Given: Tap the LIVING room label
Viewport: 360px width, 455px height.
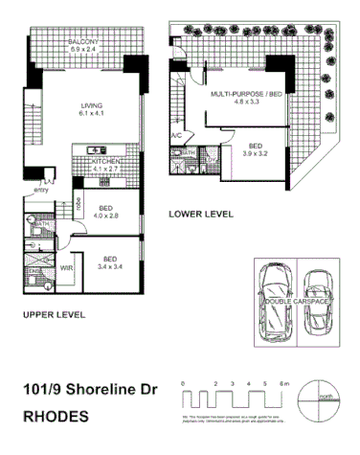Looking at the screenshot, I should (x=93, y=109).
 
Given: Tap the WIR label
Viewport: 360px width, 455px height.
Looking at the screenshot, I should (x=67, y=268).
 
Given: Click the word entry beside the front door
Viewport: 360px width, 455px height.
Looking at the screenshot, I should (x=40, y=190).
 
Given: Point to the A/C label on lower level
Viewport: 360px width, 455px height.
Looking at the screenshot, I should (x=176, y=136).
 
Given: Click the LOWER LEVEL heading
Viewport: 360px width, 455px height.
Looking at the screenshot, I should (x=201, y=215).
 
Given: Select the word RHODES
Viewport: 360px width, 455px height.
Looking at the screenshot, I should (x=56, y=417).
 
